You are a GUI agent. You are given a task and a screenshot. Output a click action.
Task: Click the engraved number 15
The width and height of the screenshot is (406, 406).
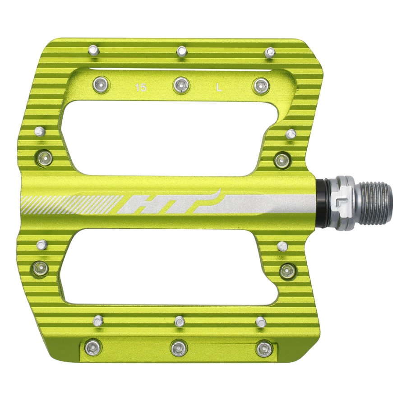click(141, 88)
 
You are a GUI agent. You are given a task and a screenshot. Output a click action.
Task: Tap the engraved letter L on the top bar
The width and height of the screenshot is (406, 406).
click(231, 88)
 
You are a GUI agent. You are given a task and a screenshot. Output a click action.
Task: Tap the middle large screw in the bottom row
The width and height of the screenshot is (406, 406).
click(178, 348)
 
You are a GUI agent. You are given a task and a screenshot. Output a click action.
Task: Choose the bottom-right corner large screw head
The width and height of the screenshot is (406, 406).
click(263, 348)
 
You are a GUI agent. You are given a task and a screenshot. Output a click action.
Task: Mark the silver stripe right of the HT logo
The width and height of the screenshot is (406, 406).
click(266, 203)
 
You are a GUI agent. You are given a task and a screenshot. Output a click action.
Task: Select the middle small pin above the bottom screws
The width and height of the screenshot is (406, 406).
click(180, 321)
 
